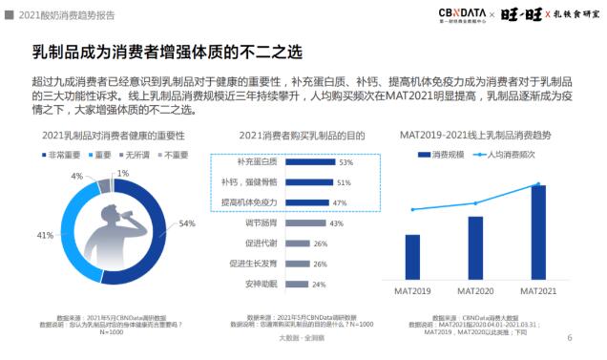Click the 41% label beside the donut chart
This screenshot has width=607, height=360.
click(x=44, y=235)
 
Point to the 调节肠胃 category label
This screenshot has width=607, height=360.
click(x=236, y=223)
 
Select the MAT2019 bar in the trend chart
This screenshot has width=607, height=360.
click(x=412, y=254)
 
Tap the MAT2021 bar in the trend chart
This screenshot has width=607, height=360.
click(x=538, y=229)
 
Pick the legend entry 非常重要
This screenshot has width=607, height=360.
click(x=59, y=154)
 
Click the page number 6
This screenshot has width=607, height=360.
click(x=569, y=337)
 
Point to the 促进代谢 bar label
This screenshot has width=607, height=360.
click(x=236, y=244)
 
